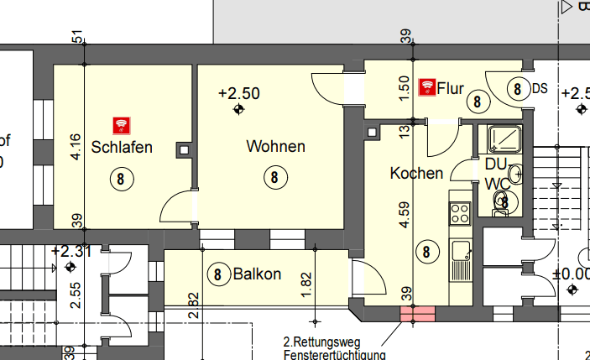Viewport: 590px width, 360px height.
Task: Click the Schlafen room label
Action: tap(123, 148)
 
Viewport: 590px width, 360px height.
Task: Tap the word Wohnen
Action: tap(275, 147)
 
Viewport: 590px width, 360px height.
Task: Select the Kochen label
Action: tap(416, 174)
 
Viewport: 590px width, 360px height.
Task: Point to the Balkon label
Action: tap(257, 274)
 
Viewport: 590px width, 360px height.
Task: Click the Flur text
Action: tap(451, 86)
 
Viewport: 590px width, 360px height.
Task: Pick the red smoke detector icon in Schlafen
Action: tap(123, 125)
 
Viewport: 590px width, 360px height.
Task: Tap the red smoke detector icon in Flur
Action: tap(426, 86)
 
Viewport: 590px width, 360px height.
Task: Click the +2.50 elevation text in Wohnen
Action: tap(239, 92)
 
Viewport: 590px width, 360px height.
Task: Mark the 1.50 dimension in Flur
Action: tap(403, 85)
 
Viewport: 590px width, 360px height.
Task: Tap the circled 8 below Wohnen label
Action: tap(274, 177)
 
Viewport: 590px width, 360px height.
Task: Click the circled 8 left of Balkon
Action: tap(218, 274)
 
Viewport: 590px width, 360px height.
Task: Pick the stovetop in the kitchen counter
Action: tap(460, 213)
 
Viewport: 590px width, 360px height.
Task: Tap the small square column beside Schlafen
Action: tap(184, 150)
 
